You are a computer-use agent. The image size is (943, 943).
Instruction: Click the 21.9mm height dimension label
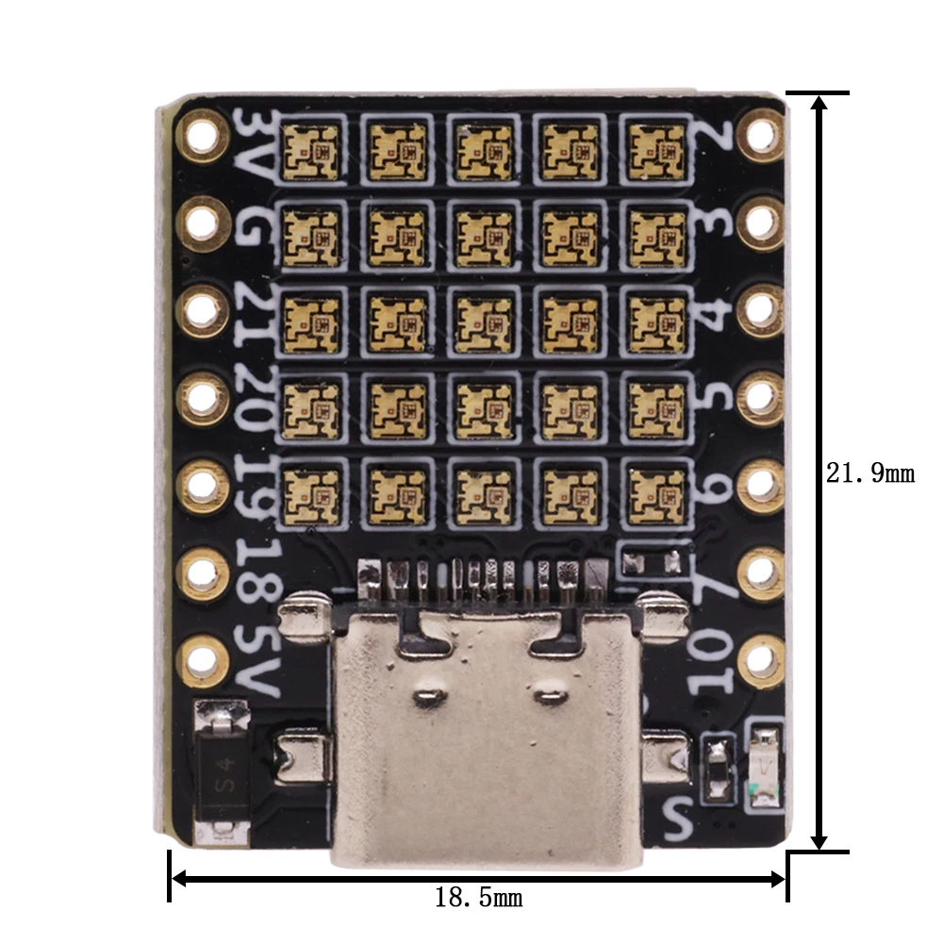(870, 472)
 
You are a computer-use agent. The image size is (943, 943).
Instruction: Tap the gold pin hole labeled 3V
(201, 135)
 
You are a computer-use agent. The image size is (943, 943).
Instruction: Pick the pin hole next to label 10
(761, 660)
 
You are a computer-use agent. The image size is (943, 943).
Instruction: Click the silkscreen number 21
(256, 311)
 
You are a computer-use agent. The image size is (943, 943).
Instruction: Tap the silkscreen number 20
(256, 396)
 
